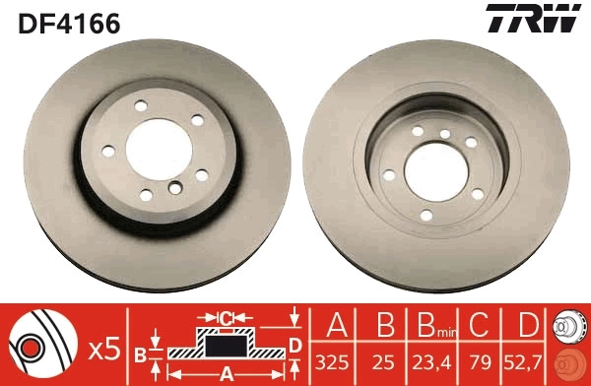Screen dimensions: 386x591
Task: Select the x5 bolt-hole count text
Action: pyautogui.click(x=103, y=347)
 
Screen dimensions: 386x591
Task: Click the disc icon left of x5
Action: pyautogui.click(x=45, y=346)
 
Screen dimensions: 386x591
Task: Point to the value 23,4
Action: pyautogui.click(x=431, y=362)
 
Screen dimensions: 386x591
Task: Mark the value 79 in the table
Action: pyautogui.click(x=481, y=362)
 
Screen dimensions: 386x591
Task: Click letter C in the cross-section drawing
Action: pyautogui.click(x=227, y=318)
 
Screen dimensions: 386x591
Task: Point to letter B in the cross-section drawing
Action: pyautogui.click(x=141, y=353)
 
